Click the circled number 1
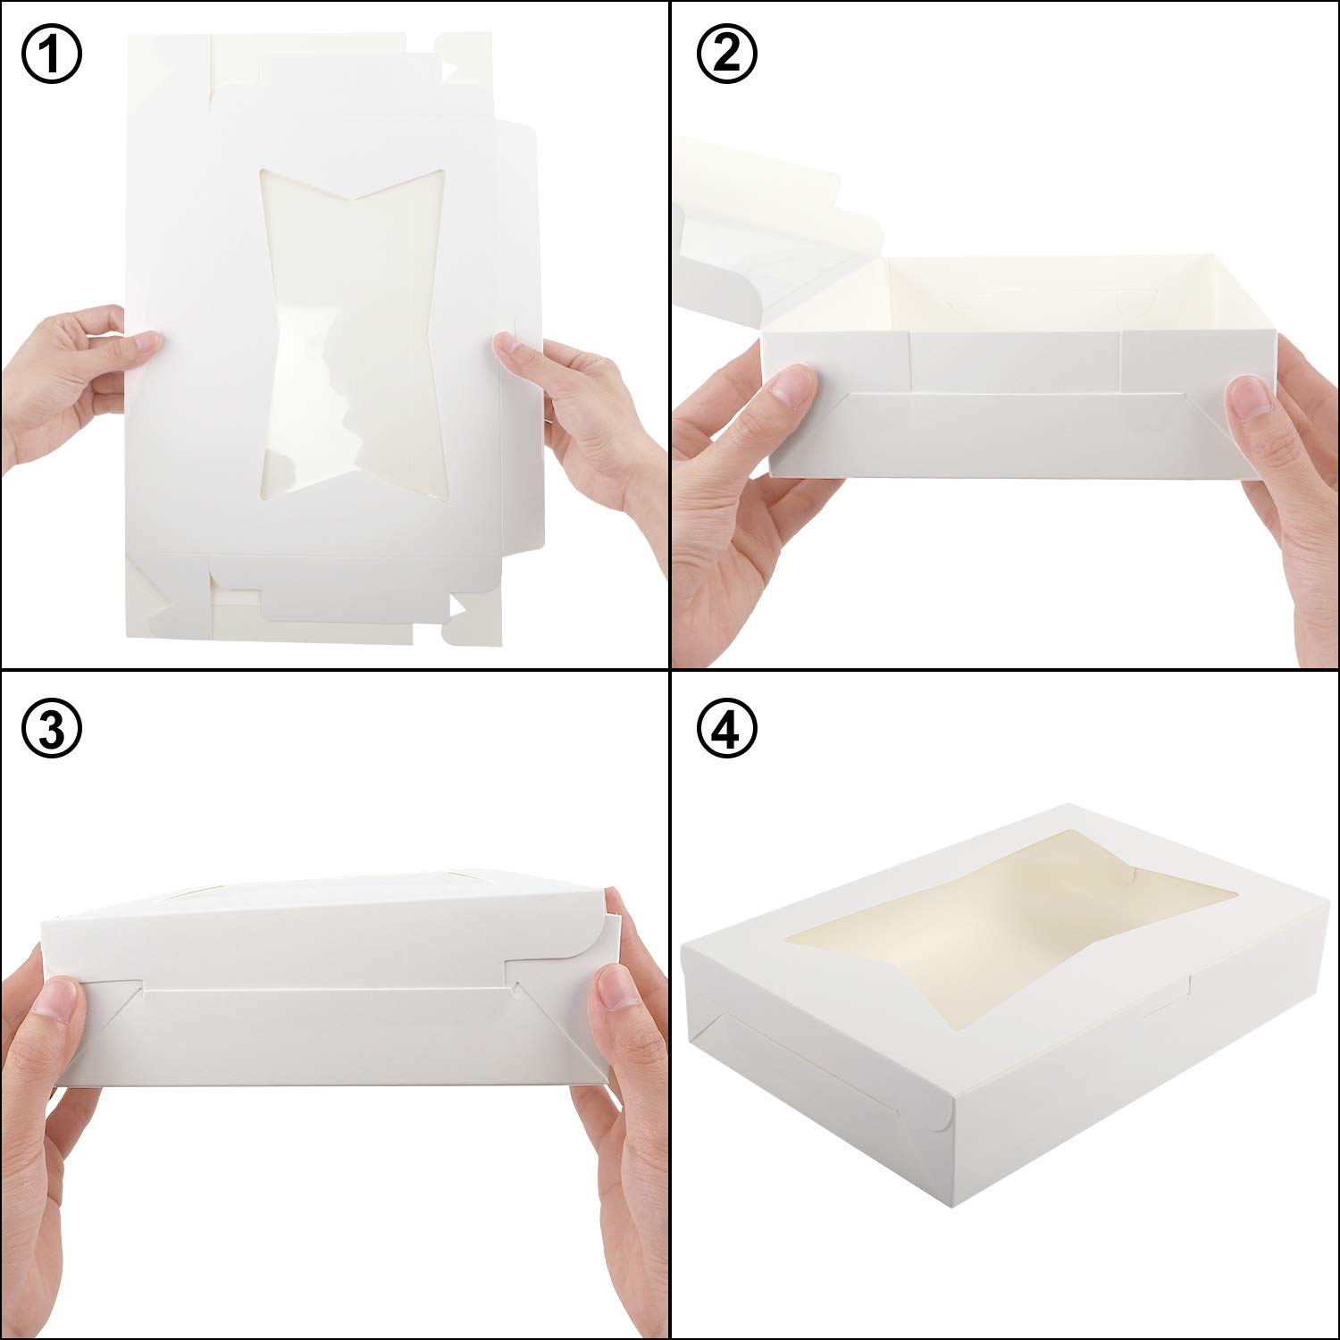51,54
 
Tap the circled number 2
727,54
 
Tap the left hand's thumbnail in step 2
792,389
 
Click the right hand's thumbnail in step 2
1251,398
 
